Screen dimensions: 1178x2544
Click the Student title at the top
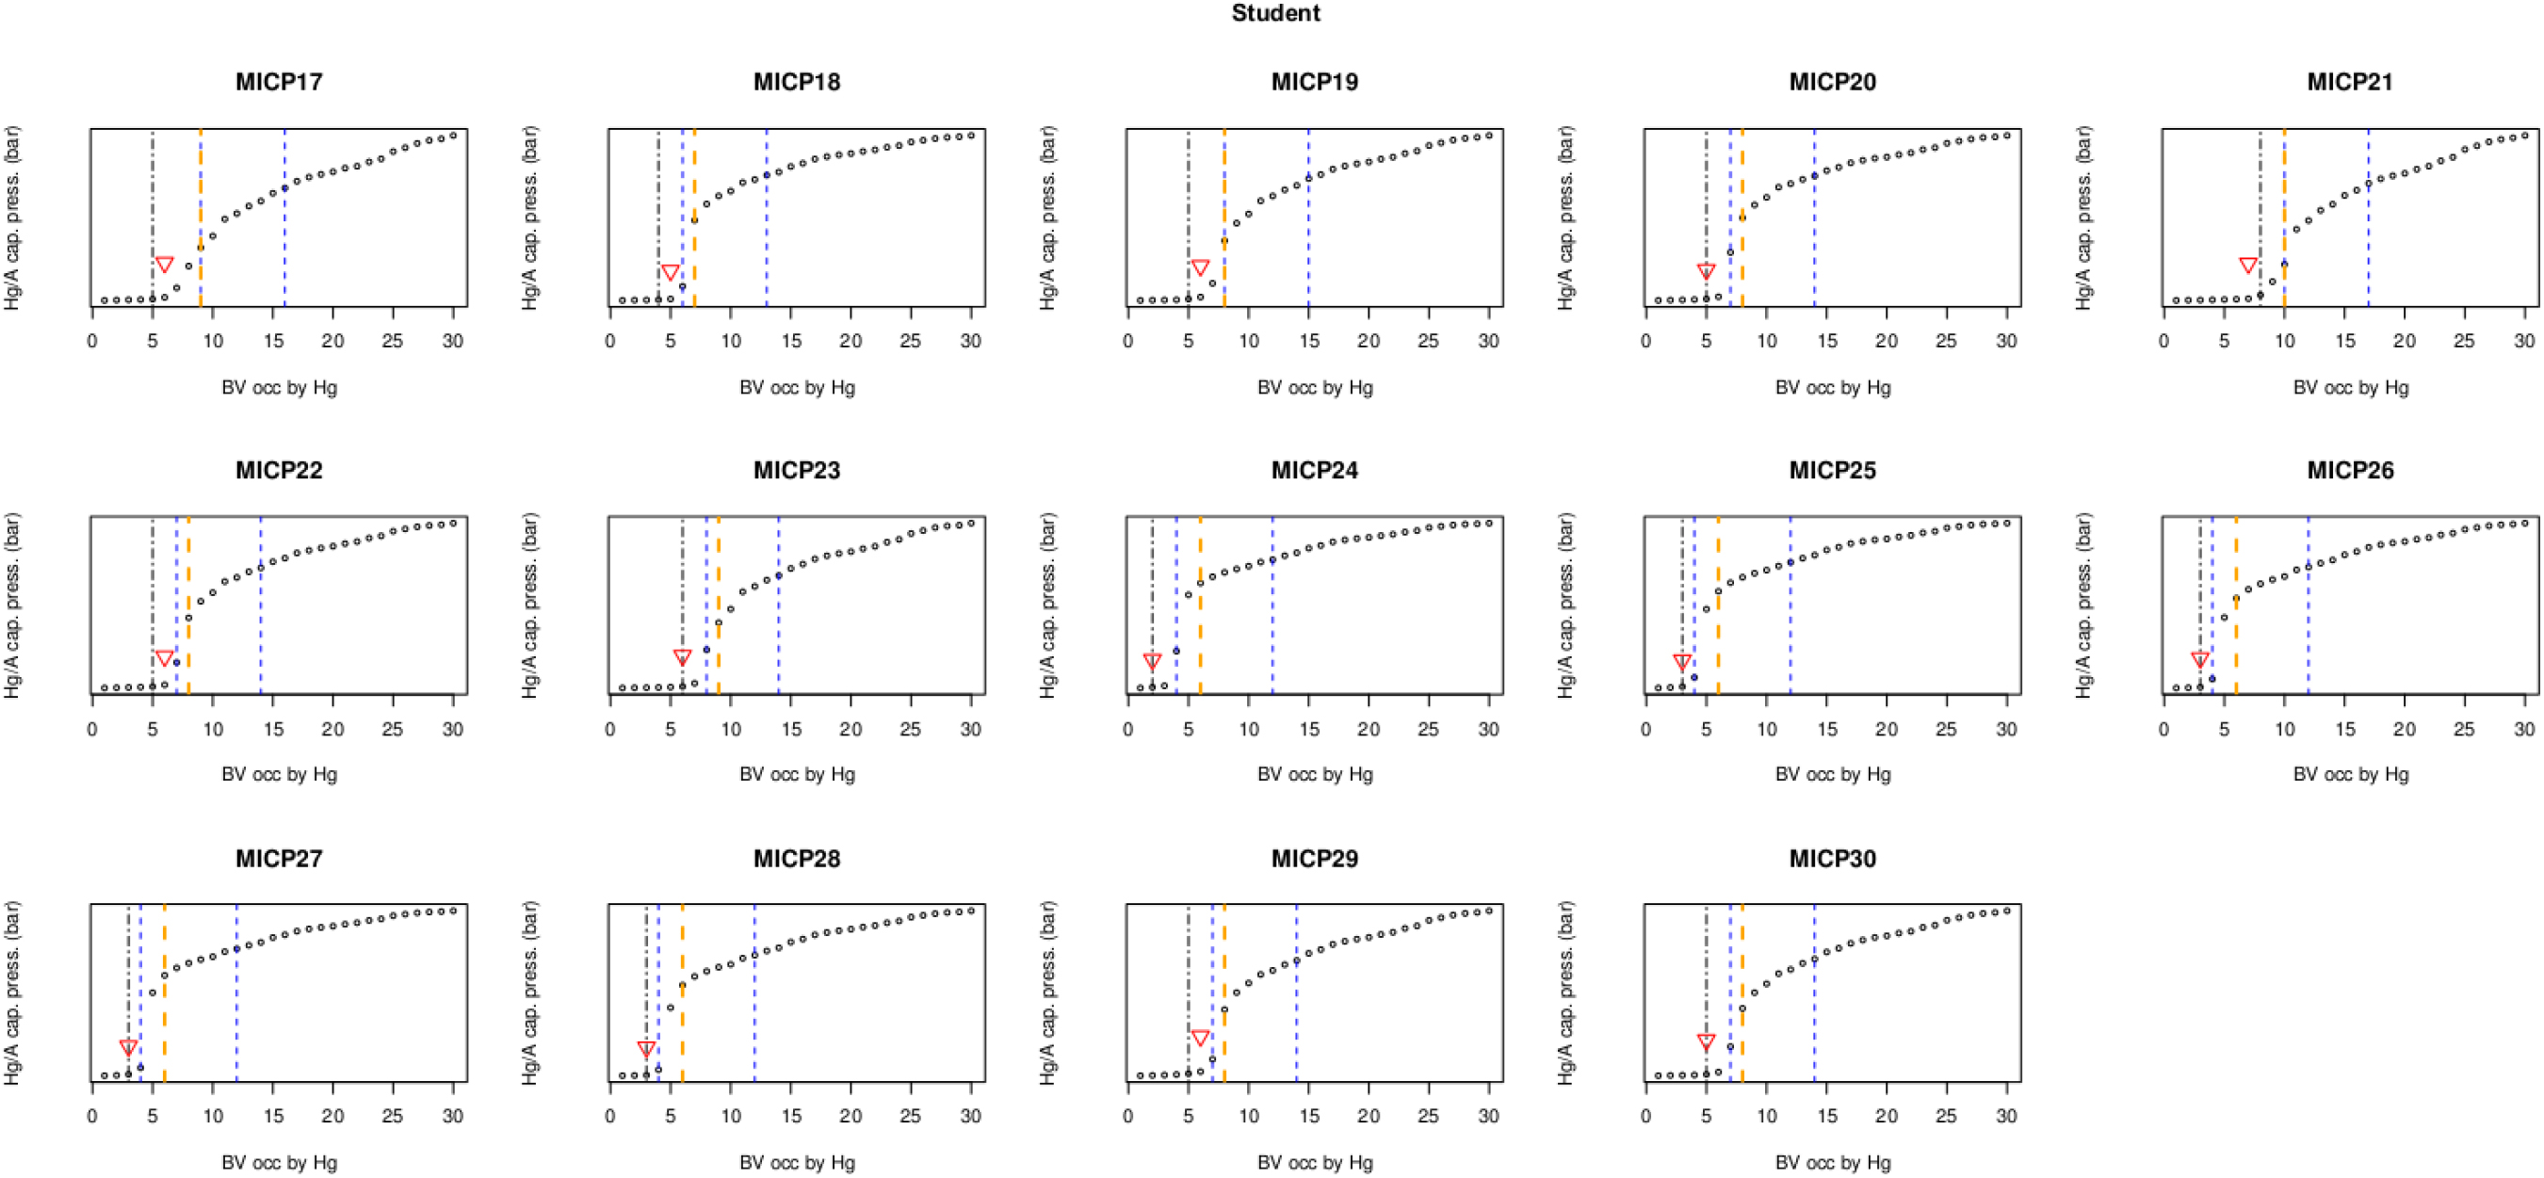pos(1275,14)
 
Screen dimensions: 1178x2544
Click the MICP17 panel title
pos(279,82)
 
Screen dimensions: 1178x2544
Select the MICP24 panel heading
pos(1315,470)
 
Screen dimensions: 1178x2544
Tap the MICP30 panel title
pos(1832,858)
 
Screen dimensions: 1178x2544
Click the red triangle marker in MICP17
pos(165,265)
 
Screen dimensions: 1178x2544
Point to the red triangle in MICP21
pos(2247,265)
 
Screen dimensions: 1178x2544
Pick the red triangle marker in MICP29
pos(1200,1038)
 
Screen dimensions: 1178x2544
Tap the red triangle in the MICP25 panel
pos(1682,662)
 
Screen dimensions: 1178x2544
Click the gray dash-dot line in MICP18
pos(658,198)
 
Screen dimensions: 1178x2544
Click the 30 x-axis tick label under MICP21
pos(2524,341)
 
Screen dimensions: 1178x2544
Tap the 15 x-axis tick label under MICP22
pos(272,729)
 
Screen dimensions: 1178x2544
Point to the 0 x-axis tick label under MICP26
pos(2163,729)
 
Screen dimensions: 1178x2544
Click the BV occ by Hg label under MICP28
pos(797,1162)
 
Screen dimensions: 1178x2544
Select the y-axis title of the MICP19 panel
pos(1047,218)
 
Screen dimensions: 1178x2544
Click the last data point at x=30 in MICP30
pos(2007,911)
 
